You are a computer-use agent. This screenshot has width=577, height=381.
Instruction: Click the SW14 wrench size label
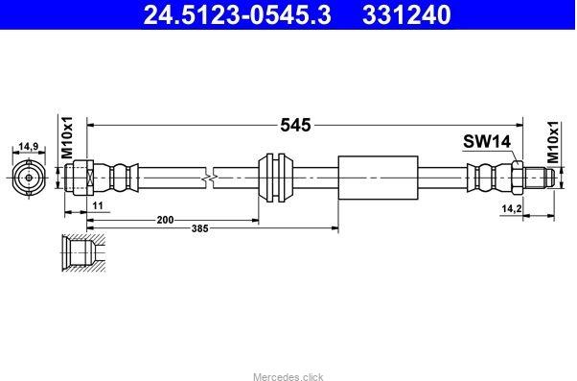point(488,141)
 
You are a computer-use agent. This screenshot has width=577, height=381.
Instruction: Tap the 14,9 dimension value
point(28,147)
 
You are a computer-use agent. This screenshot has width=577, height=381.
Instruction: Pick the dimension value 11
point(99,206)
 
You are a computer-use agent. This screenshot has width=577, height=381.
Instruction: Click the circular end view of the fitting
point(28,178)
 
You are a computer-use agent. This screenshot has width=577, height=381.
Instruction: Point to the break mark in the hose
point(210,178)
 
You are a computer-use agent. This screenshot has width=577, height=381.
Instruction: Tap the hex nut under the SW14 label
point(516,178)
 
